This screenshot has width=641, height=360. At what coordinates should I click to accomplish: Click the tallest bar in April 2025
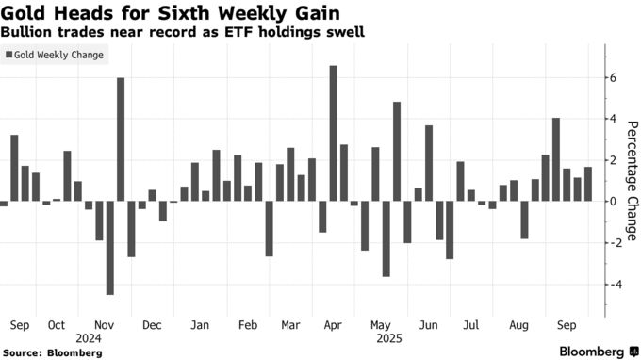tap(334, 133)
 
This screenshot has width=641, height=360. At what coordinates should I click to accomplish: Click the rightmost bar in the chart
tap(588, 184)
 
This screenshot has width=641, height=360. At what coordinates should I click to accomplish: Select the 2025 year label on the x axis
tap(388, 335)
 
